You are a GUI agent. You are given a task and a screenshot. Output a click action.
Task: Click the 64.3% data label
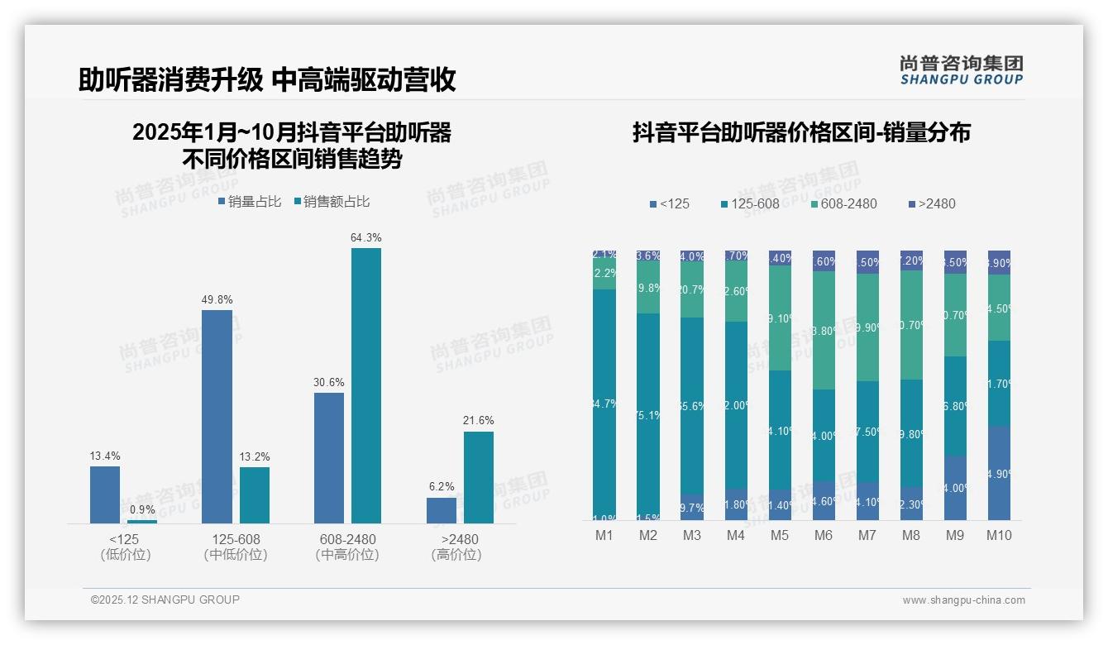tap(366, 238)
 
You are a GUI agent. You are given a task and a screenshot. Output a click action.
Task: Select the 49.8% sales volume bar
tap(217, 416)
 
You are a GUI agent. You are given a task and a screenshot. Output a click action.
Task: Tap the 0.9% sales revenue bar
tap(142, 521)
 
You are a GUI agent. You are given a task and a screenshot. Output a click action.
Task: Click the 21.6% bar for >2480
tap(479, 477)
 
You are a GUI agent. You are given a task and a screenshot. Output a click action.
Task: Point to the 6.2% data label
tap(442, 486)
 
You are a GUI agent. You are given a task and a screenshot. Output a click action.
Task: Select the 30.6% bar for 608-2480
tap(329, 457)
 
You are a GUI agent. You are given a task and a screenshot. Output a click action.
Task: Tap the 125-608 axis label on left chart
tap(236, 540)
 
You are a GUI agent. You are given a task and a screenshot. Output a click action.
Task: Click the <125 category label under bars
tap(125, 540)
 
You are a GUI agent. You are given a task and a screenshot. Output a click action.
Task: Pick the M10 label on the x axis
tap(998, 535)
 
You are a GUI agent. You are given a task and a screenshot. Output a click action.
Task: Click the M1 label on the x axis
tap(604, 535)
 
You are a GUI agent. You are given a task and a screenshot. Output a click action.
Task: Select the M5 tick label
tap(780, 535)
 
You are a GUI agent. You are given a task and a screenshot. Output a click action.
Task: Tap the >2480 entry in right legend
tap(932, 203)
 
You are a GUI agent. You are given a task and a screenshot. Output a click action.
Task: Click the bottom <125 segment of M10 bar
tap(999, 473)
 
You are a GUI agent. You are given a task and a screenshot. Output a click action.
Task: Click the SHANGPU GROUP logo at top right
tap(961, 70)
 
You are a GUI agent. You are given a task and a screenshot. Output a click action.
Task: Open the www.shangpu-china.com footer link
tap(963, 600)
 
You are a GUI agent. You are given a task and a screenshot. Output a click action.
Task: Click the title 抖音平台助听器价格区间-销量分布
tap(801, 133)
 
